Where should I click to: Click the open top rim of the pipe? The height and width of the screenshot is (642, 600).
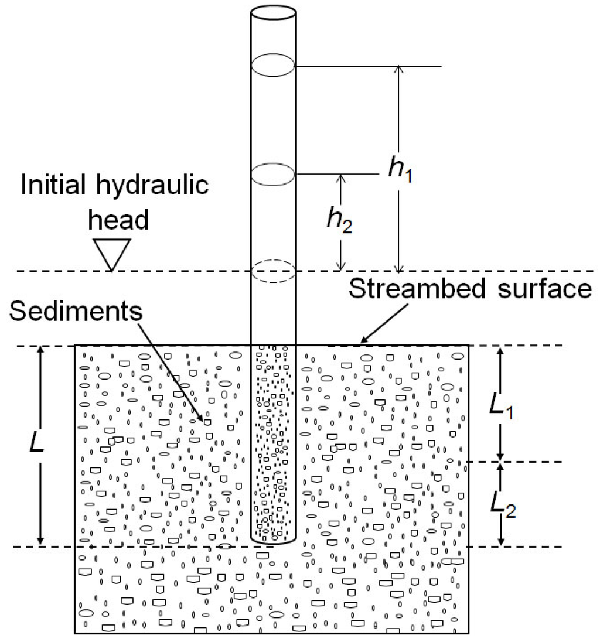(273, 12)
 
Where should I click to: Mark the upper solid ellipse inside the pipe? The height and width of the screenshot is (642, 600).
(273, 65)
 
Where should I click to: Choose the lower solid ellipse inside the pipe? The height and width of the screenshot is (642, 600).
(273, 173)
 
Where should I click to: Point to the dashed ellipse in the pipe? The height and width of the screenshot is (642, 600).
(273, 271)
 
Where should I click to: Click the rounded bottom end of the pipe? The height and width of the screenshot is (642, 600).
(273, 540)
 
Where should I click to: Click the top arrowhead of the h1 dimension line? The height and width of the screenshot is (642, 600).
(398, 69)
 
